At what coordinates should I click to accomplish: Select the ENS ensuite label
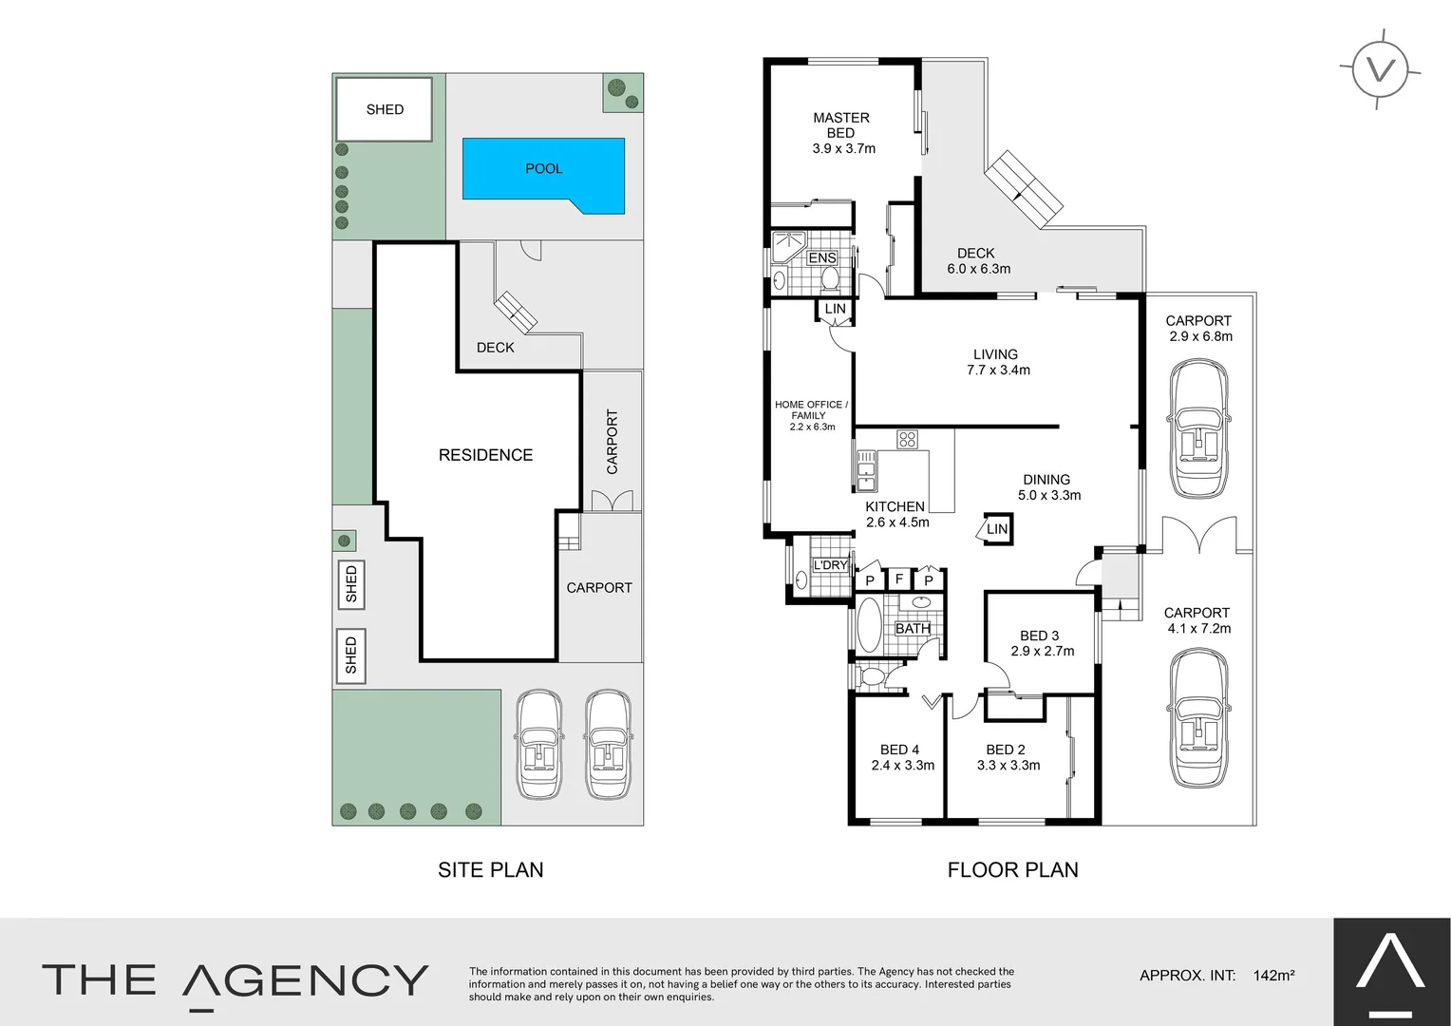pyautogui.click(x=821, y=258)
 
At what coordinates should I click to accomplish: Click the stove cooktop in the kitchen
pyautogui.click(x=907, y=439)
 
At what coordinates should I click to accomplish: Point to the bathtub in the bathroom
pyautogui.click(x=869, y=625)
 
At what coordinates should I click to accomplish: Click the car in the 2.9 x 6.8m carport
pyautogui.click(x=1199, y=431)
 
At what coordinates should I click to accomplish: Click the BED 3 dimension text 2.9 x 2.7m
pyautogui.click(x=1042, y=652)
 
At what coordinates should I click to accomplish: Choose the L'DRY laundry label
pyautogui.click(x=830, y=565)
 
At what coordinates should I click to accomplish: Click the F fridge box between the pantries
pyautogui.click(x=898, y=579)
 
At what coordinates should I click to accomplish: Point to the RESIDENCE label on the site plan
pyautogui.click(x=485, y=455)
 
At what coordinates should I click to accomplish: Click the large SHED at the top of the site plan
pyautogui.click(x=385, y=109)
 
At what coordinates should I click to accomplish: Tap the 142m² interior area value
pyautogui.click(x=1273, y=975)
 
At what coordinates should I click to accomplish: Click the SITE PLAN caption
pyautogui.click(x=490, y=869)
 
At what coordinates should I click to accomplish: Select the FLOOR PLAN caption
pyautogui.click(x=1012, y=869)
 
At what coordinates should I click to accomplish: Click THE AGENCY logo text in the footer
pyautogui.click(x=236, y=979)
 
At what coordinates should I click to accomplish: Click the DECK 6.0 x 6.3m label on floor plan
pyautogui.click(x=978, y=261)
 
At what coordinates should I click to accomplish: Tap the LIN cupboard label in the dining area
pyautogui.click(x=996, y=529)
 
